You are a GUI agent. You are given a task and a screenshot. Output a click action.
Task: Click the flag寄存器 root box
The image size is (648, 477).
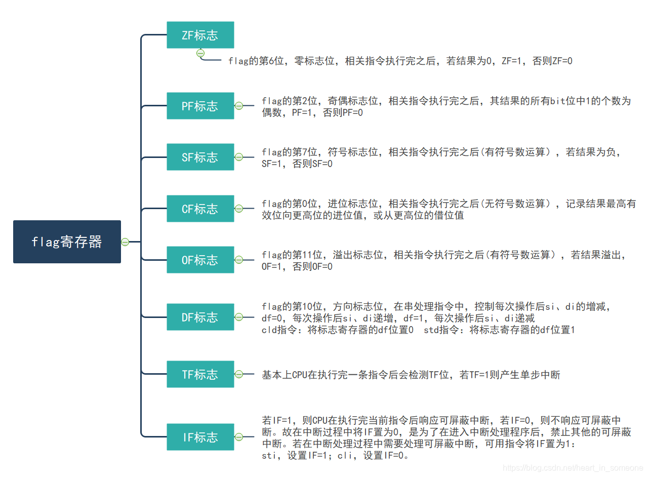coord(67,242)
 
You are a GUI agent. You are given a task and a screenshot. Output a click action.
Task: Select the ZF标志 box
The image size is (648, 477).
coord(200,35)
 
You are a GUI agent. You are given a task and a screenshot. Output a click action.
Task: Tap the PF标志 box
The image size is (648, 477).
coord(200,106)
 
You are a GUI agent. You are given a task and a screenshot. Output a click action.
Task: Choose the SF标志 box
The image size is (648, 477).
coord(200,157)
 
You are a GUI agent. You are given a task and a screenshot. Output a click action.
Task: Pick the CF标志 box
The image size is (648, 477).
coord(200,209)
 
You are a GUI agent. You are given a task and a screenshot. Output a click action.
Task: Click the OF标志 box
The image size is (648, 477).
coord(200,260)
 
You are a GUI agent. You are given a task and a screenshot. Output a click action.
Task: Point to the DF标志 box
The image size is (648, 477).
coord(200,317)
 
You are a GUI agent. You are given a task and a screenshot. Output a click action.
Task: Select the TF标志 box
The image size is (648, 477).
coord(200,374)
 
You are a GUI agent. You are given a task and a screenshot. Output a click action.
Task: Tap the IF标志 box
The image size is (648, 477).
coord(200,437)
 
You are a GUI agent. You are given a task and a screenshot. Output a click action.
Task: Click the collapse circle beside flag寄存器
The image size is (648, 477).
coord(125,242)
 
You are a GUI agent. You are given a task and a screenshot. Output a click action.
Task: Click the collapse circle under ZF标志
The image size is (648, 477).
coord(200,53)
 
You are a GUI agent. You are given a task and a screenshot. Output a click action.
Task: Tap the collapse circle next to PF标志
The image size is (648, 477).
coord(238,106)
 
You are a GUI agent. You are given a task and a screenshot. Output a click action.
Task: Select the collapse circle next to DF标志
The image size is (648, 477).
coord(238,317)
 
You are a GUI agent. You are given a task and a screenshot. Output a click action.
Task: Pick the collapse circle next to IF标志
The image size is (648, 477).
coord(238,437)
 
